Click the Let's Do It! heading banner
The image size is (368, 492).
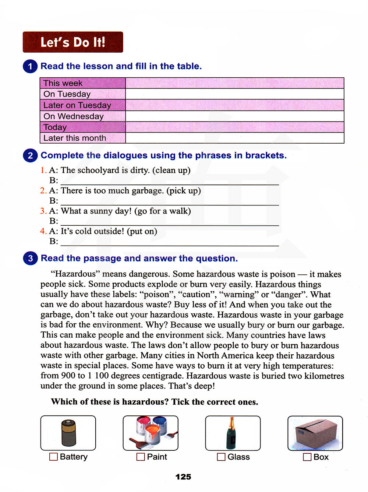pos(73,42)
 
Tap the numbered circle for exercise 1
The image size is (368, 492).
pos(30,66)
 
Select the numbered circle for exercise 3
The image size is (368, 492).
pos(30,258)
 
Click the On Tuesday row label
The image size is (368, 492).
pos(67,94)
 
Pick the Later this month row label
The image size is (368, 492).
pos(75,138)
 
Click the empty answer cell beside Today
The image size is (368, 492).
pos(234,127)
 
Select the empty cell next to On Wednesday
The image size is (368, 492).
pos(234,116)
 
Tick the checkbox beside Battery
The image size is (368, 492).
pos(53,457)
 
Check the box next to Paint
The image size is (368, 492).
pos(141,457)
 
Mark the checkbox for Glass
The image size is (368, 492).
pos(221,457)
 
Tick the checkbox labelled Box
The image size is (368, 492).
pos(307,457)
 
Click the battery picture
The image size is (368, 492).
pos(68,433)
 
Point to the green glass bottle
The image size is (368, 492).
pos(231,433)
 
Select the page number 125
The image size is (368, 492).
pos(183,477)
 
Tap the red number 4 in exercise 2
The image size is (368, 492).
pos(43,231)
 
